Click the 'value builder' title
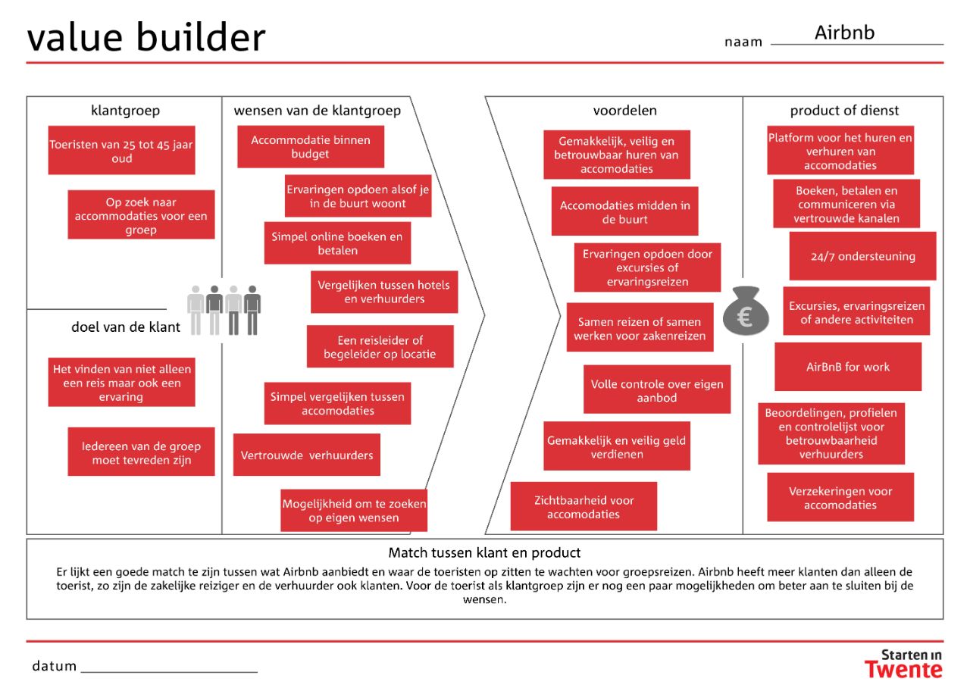point(146,37)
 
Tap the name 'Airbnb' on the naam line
point(844,33)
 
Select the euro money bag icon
point(745,311)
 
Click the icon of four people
point(224,310)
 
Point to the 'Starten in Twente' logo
point(904,663)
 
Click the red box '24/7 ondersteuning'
point(862,256)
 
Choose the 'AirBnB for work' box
point(848,367)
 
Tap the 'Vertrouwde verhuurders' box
point(306,455)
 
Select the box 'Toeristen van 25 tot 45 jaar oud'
point(121,151)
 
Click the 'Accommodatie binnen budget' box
point(310,147)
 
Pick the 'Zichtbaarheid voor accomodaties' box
point(584,507)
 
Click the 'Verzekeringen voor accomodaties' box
point(840,498)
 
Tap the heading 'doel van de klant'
point(126,327)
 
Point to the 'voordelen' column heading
point(624,111)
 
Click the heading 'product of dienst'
point(844,111)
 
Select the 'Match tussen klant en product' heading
point(484,553)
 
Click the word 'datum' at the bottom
point(55,666)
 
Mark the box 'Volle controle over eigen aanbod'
point(657,390)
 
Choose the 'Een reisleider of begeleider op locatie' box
point(380,347)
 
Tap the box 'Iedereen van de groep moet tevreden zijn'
point(141,452)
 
